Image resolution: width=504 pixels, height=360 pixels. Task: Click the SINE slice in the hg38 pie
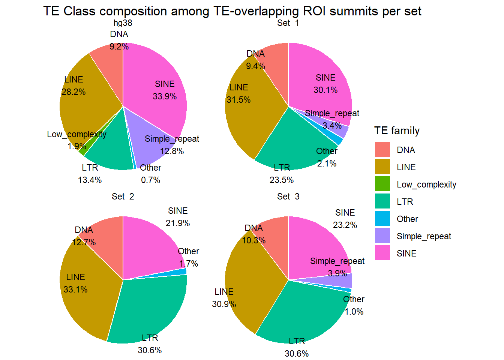click(157, 75)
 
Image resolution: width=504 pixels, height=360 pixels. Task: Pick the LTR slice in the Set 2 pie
click(150, 307)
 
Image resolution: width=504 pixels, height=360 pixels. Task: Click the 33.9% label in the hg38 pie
click(165, 96)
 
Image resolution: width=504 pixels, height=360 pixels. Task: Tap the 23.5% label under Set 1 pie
click(282, 180)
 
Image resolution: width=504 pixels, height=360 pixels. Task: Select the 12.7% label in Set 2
click(84, 242)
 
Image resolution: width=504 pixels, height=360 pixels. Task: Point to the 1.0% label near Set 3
click(354, 312)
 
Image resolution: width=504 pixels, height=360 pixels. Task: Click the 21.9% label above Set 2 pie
click(178, 223)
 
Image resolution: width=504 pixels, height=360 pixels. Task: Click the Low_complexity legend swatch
click(382, 184)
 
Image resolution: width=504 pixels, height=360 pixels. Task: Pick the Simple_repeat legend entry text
click(424, 236)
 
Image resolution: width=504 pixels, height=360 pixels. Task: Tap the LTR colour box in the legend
click(382, 201)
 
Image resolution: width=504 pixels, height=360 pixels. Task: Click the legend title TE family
click(397, 131)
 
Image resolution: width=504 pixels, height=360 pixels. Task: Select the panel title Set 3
click(288, 196)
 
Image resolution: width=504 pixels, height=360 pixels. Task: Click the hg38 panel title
click(123, 23)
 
